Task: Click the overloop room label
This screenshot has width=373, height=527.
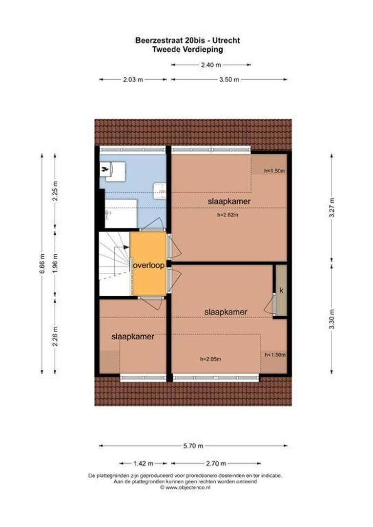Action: point(148,265)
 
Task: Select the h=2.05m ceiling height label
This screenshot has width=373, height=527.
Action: point(210,359)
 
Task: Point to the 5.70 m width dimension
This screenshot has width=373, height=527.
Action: point(193,446)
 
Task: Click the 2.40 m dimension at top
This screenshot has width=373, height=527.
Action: point(210,64)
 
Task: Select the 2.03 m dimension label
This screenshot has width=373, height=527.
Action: point(133,80)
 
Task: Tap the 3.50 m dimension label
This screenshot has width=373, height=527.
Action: point(229,80)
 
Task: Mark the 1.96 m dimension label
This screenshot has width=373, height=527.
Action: point(55,263)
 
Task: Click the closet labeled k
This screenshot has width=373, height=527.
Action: point(281,291)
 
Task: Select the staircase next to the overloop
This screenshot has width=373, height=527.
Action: point(114,263)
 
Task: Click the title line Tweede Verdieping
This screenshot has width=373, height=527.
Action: point(187,49)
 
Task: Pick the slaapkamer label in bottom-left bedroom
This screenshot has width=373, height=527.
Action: point(133,337)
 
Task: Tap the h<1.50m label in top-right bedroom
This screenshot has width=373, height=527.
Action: point(274,171)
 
